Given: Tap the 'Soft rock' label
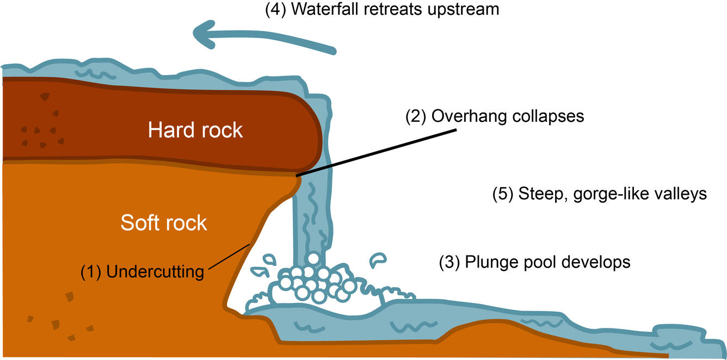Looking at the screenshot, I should pyautogui.click(x=164, y=222).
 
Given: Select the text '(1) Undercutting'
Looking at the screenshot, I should pyautogui.click(x=142, y=271).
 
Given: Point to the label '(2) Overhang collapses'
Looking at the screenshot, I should pyautogui.click(x=495, y=116).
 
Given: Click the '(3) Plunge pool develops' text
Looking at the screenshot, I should pyautogui.click(x=534, y=263).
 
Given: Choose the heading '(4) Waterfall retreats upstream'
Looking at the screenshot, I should pyautogui.click(x=381, y=10).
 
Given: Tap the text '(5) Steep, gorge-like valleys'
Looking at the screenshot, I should pyautogui.click(x=599, y=194).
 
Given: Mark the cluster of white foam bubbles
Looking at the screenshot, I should pyautogui.click(x=310, y=280).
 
